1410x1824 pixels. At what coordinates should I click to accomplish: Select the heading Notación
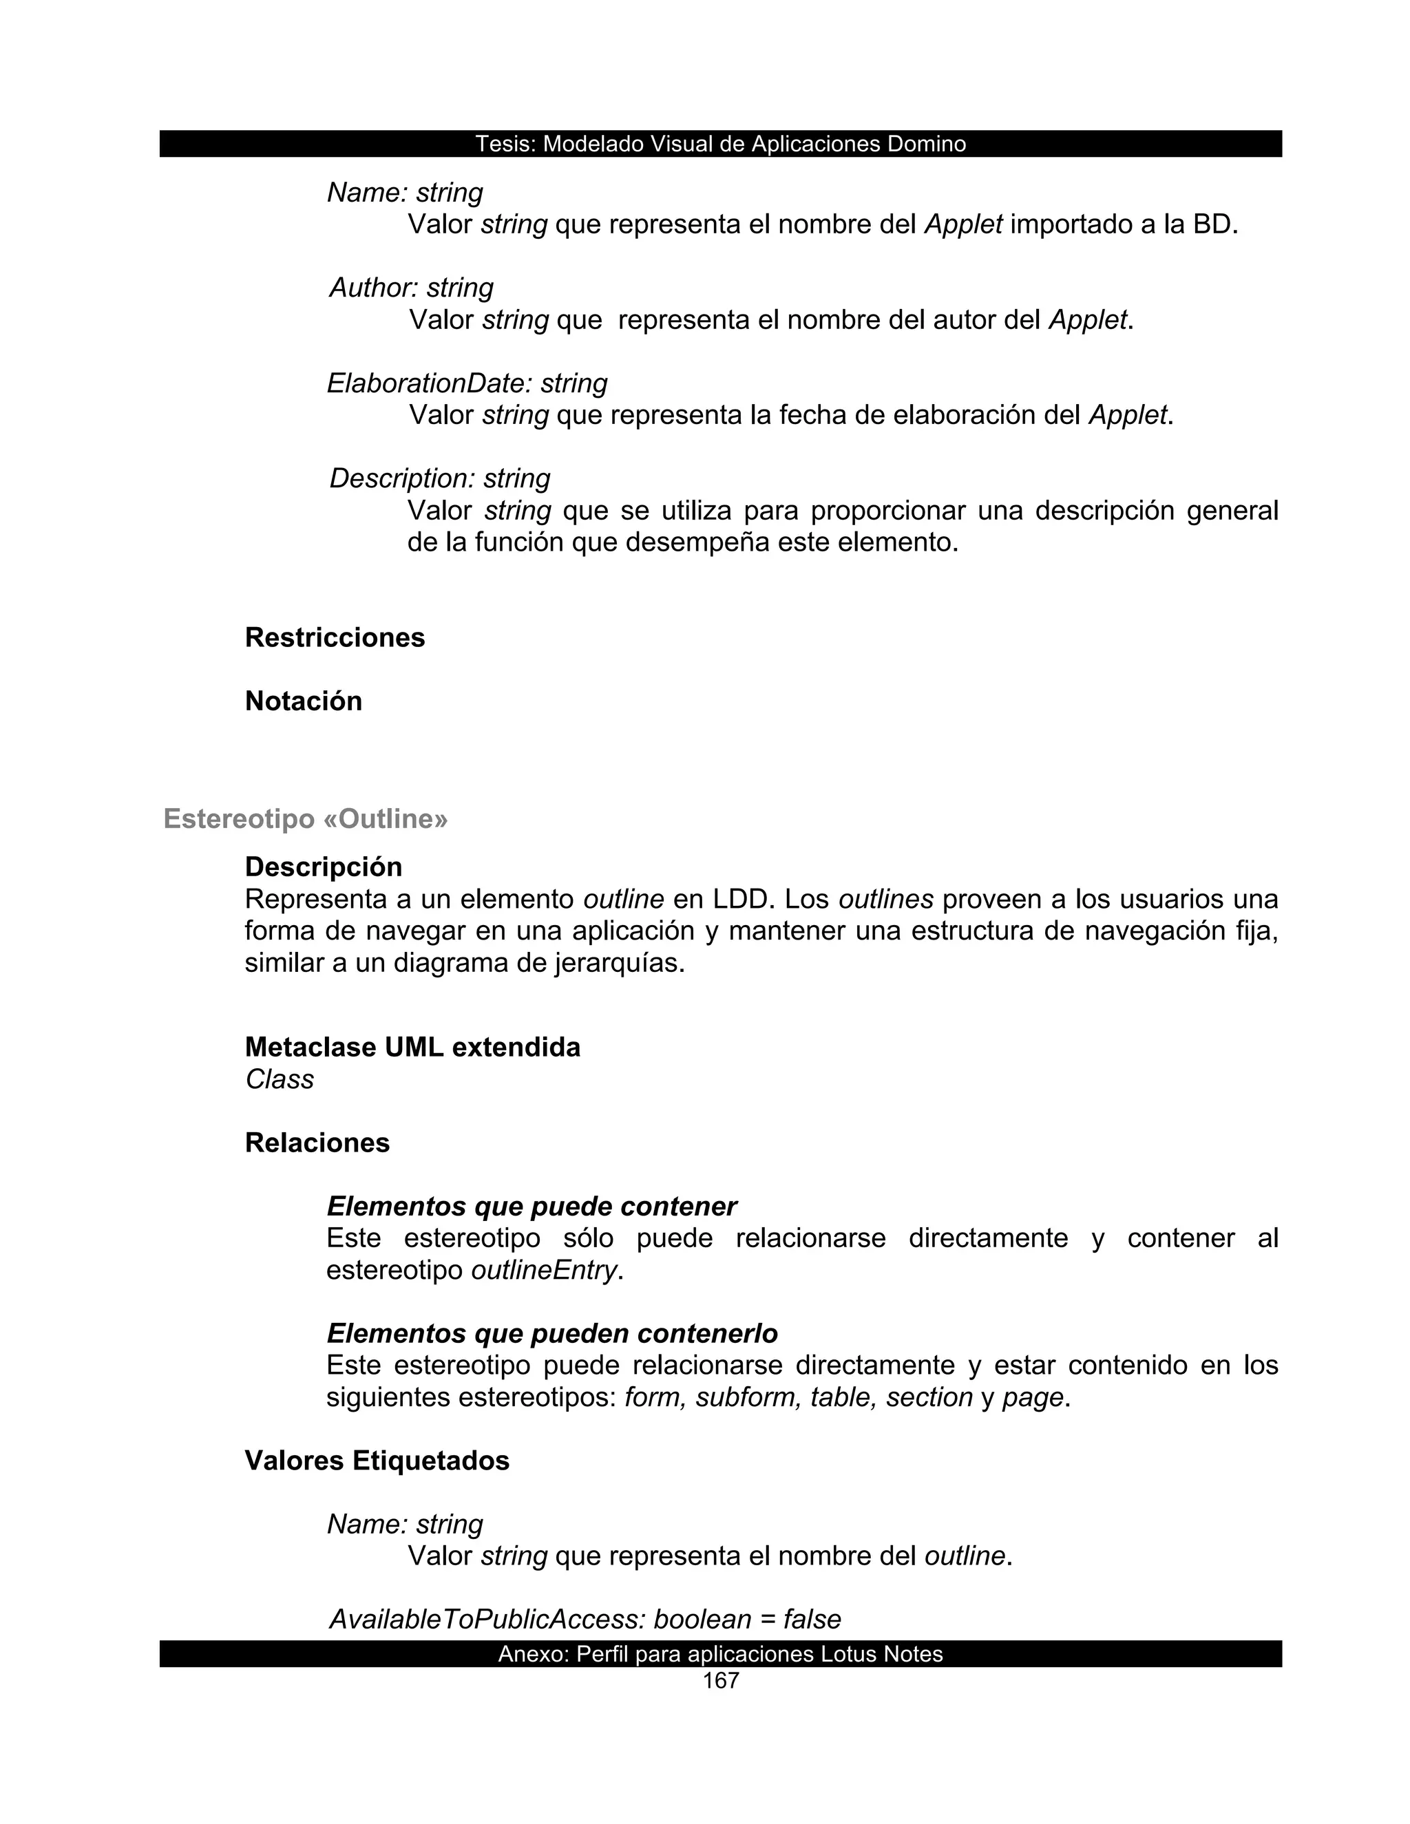[x=303, y=701]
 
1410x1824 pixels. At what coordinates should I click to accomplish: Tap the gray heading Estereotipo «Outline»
[x=306, y=818]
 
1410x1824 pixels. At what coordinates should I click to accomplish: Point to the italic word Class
[x=279, y=1079]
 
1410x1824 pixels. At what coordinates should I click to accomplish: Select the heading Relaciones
[x=317, y=1143]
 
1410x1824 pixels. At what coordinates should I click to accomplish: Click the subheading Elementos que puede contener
[x=532, y=1206]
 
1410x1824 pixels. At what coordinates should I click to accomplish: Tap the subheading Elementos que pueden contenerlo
[x=551, y=1333]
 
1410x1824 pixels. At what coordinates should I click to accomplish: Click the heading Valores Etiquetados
[x=377, y=1460]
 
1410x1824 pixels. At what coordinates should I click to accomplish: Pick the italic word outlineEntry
[x=543, y=1271]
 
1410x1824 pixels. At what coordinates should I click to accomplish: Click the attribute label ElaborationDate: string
[x=467, y=383]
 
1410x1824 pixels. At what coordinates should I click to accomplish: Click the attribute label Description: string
[x=439, y=478]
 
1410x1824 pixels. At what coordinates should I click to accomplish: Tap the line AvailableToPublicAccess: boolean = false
[x=585, y=1620]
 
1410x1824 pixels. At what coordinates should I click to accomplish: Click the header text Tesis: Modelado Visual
[x=720, y=144]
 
